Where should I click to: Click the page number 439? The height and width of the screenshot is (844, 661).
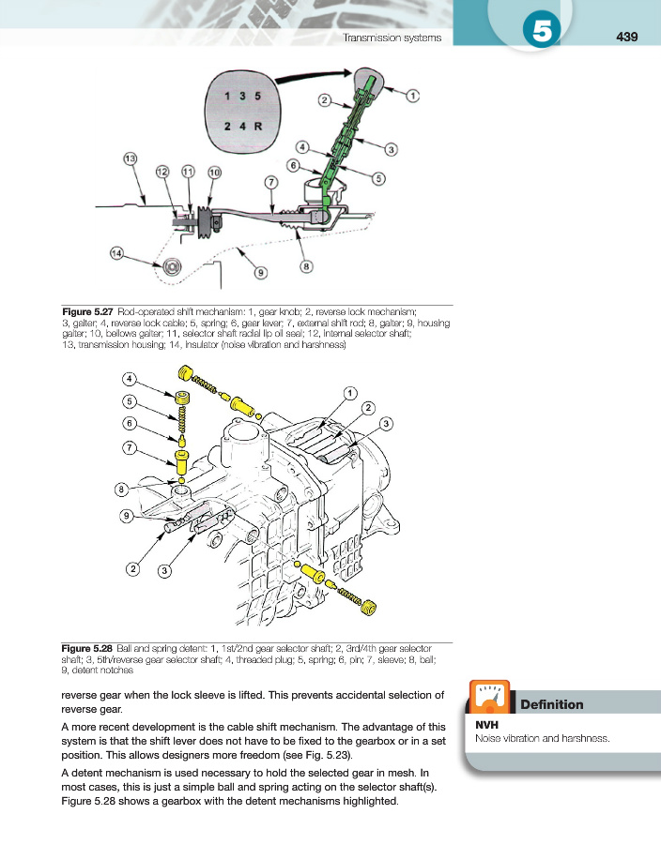627,37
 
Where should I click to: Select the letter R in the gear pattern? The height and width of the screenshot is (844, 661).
258,126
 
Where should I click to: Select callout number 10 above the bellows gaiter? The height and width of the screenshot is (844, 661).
214,172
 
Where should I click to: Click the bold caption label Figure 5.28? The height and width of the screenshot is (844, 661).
88,648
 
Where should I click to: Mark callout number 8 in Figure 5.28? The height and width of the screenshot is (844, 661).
122,489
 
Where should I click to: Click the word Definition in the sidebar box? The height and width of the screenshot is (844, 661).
551,704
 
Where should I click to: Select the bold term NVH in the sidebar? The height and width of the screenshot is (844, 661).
487,724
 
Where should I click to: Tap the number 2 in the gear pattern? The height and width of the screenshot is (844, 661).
228,126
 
